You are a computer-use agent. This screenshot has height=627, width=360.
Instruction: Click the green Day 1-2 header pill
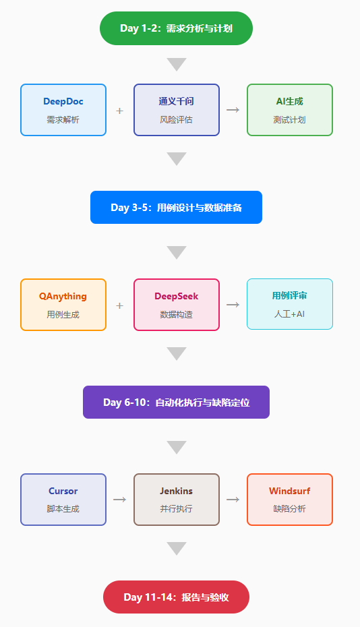coord(176,28)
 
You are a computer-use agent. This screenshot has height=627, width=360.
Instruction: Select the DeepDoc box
coord(63,110)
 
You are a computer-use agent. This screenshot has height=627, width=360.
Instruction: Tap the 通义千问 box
coord(177,110)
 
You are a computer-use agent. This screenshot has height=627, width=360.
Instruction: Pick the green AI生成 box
coord(290,110)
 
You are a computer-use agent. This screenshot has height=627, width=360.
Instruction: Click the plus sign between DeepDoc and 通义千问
coord(119,111)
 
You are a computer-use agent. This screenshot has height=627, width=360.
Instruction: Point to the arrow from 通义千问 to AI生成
coord(233,110)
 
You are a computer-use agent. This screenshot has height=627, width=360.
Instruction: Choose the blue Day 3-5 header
coord(176,207)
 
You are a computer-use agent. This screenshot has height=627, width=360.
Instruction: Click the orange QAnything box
coord(63,305)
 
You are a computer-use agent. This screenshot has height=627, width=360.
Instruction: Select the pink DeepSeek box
coord(177,305)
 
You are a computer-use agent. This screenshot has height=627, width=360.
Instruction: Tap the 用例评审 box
coord(290,304)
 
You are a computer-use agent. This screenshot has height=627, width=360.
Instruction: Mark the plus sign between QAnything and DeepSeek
coord(119,305)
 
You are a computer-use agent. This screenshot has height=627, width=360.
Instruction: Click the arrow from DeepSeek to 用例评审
coord(233,305)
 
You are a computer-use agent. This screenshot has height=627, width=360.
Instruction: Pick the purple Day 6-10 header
coord(176,402)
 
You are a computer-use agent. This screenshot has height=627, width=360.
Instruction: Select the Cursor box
coord(63,500)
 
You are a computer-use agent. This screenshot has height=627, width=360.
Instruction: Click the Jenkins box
coord(177,500)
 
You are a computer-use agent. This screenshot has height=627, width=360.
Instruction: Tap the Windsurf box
coord(290,500)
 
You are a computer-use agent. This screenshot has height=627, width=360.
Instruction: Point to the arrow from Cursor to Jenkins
coord(119,500)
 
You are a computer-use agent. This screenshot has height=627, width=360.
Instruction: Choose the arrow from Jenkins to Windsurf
coord(233,500)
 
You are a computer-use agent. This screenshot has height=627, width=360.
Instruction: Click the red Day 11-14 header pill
coord(176,597)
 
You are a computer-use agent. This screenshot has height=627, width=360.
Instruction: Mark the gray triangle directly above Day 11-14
coord(177,547)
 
